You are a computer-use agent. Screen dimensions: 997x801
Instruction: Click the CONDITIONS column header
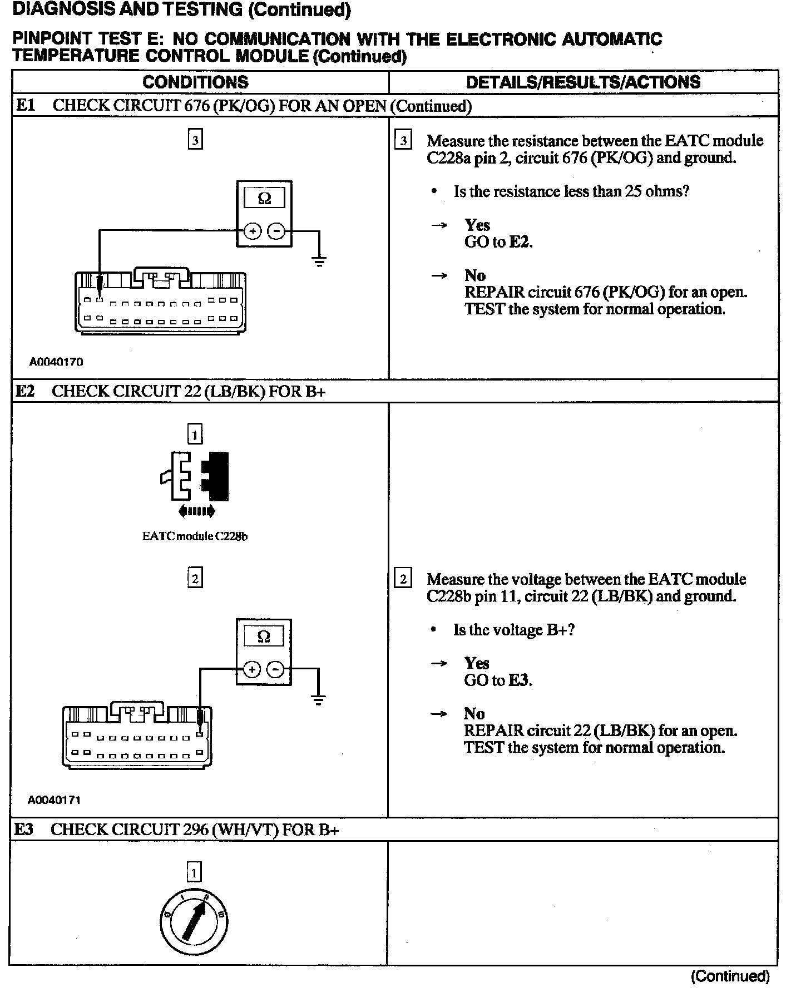[x=195, y=82]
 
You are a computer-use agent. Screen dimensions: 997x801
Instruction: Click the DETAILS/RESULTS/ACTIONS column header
[x=583, y=82]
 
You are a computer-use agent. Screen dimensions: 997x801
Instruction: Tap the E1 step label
[x=25, y=106]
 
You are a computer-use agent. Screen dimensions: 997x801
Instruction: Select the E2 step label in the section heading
[x=24, y=391]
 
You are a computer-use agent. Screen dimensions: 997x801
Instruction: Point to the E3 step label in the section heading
[x=23, y=830]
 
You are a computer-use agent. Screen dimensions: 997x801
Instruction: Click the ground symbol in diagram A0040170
[x=319, y=260]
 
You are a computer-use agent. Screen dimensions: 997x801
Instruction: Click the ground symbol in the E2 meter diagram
[x=318, y=699]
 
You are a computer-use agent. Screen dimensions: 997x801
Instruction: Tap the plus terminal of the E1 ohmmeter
[x=253, y=231]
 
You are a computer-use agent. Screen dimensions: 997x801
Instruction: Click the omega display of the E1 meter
[x=264, y=198]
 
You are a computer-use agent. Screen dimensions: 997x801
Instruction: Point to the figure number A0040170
[x=56, y=362]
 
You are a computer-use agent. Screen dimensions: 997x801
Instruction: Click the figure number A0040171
[x=55, y=800]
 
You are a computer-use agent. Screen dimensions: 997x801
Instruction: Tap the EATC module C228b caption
[x=195, y=536]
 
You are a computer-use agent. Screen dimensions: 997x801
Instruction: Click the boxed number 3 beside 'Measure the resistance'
[x=403, y=140]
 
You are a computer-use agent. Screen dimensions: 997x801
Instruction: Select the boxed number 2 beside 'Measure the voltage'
[x=403, y=579]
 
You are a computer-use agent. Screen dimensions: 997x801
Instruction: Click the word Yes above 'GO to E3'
[x=477, y=663]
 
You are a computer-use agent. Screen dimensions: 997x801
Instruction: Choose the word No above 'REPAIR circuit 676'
[x=475, y=275]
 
